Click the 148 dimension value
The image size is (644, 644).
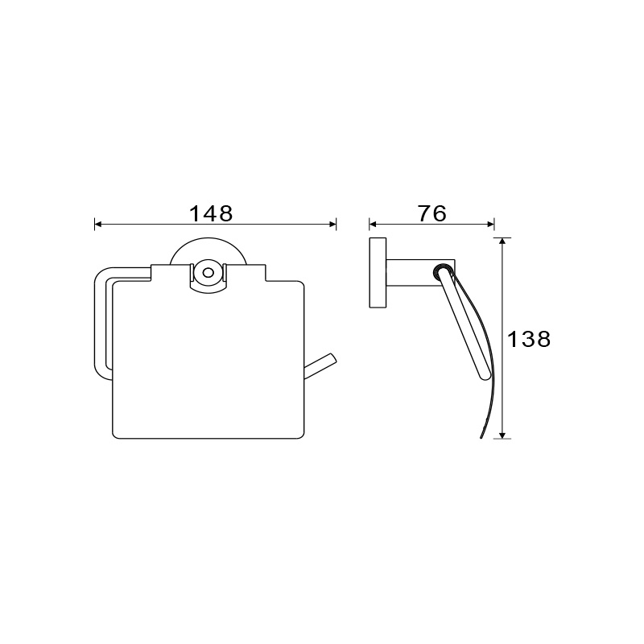211,213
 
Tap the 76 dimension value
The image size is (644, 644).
432,213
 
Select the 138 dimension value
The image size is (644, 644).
529,339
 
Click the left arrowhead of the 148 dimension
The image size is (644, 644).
97,225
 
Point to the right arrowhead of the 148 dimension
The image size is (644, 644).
333,225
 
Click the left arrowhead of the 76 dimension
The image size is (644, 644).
373,225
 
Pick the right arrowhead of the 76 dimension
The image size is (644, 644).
490,225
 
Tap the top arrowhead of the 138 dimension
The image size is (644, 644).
502,241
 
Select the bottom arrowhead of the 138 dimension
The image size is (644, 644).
502,435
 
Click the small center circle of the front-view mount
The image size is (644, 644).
208,273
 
